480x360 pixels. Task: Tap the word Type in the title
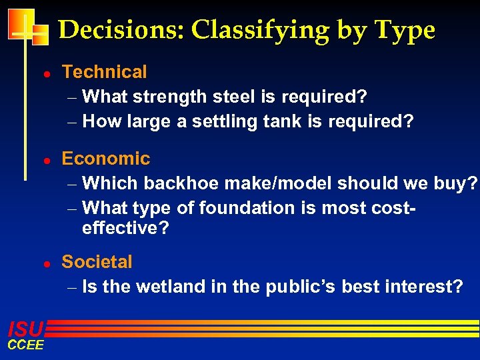click(405, 31)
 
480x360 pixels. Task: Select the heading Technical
click(104, 72)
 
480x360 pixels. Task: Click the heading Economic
click(106, 159)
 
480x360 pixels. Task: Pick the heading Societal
click(97, 262)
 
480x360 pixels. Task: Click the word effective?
click(126, 229)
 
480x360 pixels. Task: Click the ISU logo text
click(25, 329)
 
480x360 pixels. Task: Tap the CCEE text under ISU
click(25, 345)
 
